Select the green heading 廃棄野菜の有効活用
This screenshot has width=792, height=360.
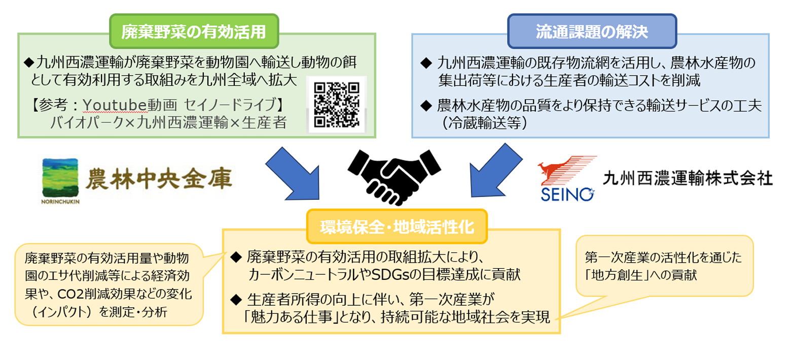tap(194, 32)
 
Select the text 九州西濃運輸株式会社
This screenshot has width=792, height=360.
tap(688, 178)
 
